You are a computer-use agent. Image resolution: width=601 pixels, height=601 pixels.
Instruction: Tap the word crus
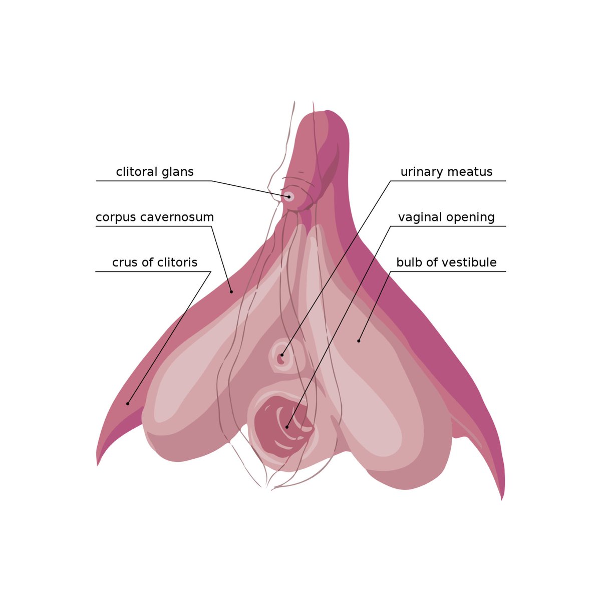pos(123,262)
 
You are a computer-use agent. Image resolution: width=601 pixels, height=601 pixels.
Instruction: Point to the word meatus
pos(470,172)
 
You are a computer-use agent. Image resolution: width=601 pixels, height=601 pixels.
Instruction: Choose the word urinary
pos(422,172)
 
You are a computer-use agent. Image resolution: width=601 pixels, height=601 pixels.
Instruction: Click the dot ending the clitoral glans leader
pos(289,197)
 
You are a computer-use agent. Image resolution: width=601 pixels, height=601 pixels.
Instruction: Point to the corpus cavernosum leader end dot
pos(231,291)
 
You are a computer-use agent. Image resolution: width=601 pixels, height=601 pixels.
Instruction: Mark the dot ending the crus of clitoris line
pos(128,404)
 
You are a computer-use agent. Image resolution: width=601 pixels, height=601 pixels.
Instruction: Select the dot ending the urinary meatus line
pos(282,355)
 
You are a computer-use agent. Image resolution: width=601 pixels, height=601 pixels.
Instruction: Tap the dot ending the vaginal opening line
pos(287,427)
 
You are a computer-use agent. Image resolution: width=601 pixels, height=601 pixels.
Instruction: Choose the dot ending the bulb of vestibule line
pos(359,341)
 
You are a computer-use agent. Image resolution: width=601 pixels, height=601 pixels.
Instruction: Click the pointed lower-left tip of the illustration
pos(98,465)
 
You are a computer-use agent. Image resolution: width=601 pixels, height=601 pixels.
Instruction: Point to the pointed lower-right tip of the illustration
pos(502,499)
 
